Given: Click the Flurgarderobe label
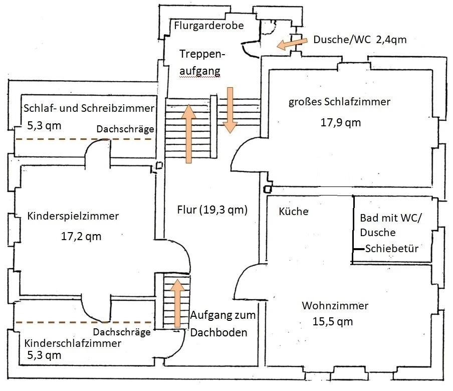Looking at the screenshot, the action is tap(209, 26).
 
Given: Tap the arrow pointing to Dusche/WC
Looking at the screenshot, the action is tap(292, 44).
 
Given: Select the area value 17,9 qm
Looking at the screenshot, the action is tap(341, 122).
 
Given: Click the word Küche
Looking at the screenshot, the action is tap(294, 211).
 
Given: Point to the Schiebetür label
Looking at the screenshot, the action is tap(392, 248).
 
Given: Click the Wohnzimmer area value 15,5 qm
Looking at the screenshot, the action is tap(333, 321).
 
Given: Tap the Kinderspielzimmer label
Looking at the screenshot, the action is tap(73, 216).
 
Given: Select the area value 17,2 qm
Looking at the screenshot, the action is tap(81, 237).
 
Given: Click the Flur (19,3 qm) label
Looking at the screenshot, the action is tap(212, 210).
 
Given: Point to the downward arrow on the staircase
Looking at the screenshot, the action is tap(230, 110).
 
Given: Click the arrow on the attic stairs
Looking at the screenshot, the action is tap(177, 303).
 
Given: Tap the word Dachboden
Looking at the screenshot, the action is tap(218, 333).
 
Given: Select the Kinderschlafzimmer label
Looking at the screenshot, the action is tap(73, 343).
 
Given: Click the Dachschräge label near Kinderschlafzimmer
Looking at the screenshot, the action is tap(122, 332).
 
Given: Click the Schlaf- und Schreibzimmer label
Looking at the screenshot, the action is tap(89, 108).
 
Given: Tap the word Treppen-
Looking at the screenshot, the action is tap(202, 54).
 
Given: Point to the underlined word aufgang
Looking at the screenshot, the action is tap(200, 71).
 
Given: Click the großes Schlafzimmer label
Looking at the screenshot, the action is tap(339, 102).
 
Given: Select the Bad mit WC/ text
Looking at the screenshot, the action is tap(390, 218).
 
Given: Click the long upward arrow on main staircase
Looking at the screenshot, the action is tap(188, 134).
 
